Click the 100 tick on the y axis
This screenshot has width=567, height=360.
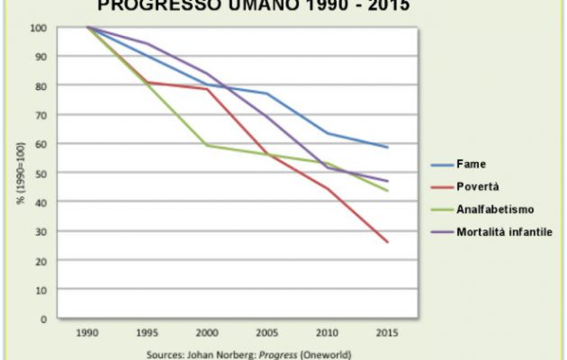pos(38,27)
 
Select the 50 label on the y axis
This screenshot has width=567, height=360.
pos(40,173)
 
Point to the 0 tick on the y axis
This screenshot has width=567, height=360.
pos(43,319)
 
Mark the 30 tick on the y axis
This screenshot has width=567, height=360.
pos(40,231)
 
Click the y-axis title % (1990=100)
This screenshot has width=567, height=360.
pos(19,173)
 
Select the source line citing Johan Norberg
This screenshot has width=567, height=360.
pos(248,354)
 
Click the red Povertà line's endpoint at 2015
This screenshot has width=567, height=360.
pos(388,242)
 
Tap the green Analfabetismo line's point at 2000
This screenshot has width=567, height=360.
pos(206,145)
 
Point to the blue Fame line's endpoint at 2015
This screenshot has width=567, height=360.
pos(388,147)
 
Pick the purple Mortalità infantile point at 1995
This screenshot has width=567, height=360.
pos(148,43)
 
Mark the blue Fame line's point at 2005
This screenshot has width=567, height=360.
pos(267,94)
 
